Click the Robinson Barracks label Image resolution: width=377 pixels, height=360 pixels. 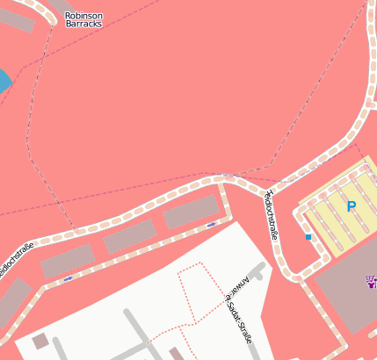point(83,19)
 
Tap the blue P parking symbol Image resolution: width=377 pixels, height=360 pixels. point(351,207)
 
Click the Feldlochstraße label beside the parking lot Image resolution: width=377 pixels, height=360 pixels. point(271,213)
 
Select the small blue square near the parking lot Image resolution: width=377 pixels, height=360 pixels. point(308,237)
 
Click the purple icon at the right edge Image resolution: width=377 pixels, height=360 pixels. point(372,283)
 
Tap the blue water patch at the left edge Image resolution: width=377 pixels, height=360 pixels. point(4,82)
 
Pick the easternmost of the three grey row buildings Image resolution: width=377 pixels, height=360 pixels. point(191,212)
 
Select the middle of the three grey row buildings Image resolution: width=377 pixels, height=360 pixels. point(130,236)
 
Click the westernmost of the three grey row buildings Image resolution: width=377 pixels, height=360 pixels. point(67,261)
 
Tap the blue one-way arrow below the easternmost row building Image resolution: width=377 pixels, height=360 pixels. point(211,226)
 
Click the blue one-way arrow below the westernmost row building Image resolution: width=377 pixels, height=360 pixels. point(69,278)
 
